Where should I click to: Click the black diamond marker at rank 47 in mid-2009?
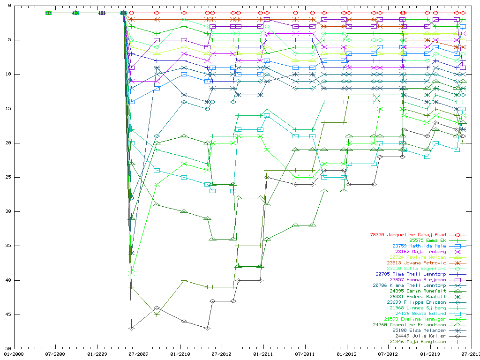(x=132, y=328)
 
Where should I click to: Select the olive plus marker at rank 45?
(x=157, y=314)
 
